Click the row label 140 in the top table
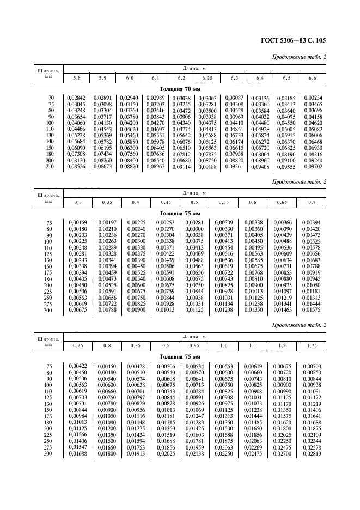50,142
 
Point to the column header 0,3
78,202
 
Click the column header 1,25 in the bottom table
312,345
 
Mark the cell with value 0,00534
195,366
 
